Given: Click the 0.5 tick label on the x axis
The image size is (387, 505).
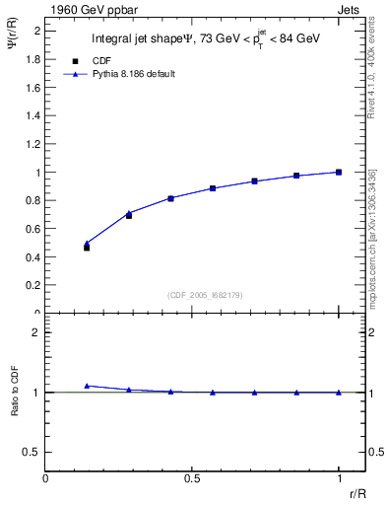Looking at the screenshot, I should (x=192, y=477).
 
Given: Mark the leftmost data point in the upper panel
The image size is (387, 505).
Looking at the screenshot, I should (x=87, y=248).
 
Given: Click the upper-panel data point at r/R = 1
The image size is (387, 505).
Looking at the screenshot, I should (x=339, y=172).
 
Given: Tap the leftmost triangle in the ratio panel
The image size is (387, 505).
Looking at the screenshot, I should (x=87, y=386).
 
